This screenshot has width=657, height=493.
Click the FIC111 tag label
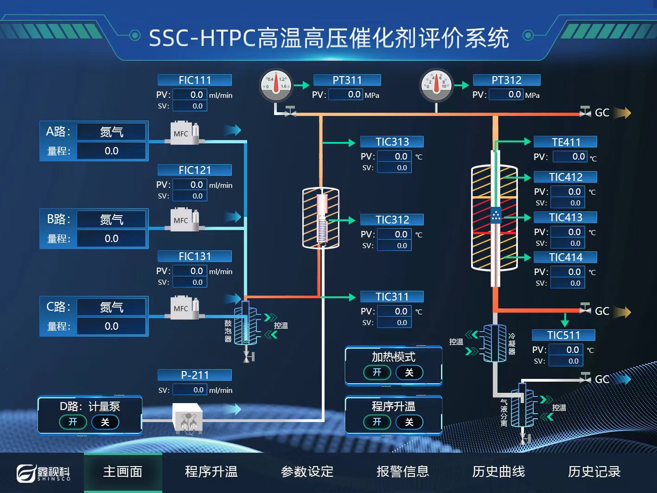coord(195,80)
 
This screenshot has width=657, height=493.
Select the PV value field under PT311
coord(346,95)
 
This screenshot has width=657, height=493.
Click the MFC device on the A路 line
coord(185,133)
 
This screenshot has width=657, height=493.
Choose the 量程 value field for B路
coord(111,238)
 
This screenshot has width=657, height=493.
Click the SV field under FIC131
coord(190,282)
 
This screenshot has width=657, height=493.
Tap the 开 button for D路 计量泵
coord(73,422)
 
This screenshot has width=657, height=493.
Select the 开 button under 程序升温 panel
coord(377,422)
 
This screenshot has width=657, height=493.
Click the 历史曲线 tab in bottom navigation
coord(498,472)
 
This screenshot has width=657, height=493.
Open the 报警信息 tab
coord(402,472)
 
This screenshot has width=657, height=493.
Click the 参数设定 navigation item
coord(307,472)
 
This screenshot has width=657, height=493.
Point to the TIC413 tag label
coord(565,218)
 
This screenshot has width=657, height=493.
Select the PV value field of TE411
coord(569,157)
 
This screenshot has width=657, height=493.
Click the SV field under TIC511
coord(566,361)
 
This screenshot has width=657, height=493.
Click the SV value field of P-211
coord(190,390)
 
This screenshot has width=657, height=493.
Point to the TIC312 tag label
coord(392,220)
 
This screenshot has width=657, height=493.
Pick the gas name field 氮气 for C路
coord(111,307)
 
